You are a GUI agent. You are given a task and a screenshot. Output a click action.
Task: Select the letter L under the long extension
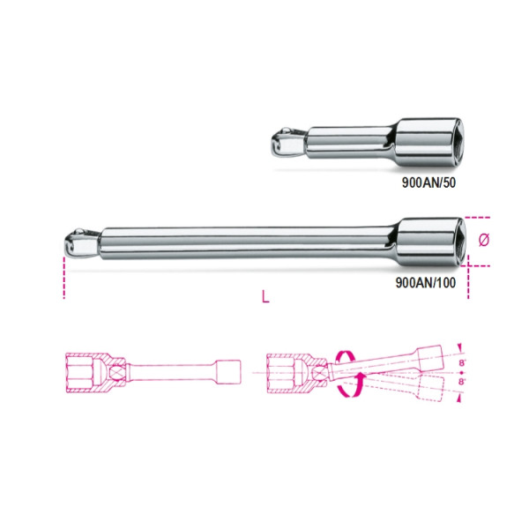coord(265,297)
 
